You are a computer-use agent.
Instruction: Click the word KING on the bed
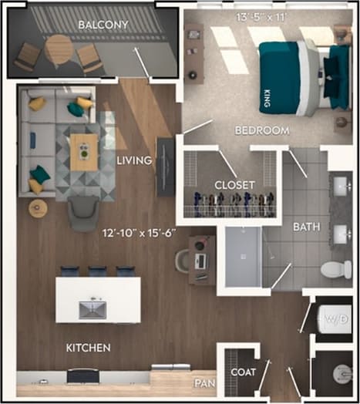(x=267, y=98)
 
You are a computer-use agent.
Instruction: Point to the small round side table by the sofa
(x=38, y=208)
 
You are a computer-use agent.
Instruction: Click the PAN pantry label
(x=205, y=382)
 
